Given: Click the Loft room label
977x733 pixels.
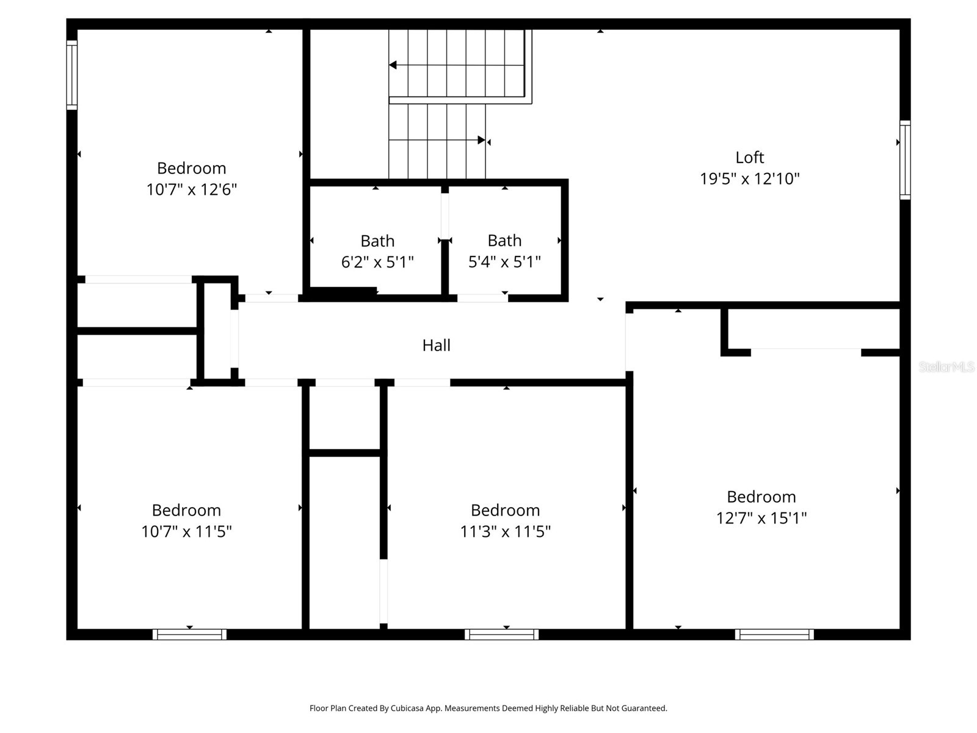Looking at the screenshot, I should (749, 158).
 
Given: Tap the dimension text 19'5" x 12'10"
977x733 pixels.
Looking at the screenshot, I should (749, 179).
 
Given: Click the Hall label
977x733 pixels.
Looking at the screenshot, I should (436, 345).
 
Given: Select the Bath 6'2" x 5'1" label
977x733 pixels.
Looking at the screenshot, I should (377, 241).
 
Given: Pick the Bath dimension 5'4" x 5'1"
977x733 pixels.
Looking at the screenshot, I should (504, 262).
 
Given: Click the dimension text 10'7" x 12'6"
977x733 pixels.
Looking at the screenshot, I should (191, 189).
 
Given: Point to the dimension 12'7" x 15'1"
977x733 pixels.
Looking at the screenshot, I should (761, 518).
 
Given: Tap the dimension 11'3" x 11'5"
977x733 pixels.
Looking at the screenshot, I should (505, 531).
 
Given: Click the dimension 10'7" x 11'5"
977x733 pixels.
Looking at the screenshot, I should (186, 531).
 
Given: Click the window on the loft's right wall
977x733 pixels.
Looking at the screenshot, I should (905, 160).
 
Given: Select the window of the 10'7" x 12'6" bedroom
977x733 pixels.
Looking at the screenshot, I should (72, 75).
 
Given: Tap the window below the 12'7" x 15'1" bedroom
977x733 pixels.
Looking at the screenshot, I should (774, 635).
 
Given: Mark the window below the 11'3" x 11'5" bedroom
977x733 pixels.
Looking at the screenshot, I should (501, 635).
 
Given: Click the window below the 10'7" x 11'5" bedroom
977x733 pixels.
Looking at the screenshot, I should (189, 635).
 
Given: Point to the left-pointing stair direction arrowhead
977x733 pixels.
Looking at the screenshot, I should (393, 65).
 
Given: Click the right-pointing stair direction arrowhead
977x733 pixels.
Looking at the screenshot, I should (481, 140).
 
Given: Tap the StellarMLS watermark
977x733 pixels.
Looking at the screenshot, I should (946, 367).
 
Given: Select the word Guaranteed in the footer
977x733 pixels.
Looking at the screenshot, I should (645, 709).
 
